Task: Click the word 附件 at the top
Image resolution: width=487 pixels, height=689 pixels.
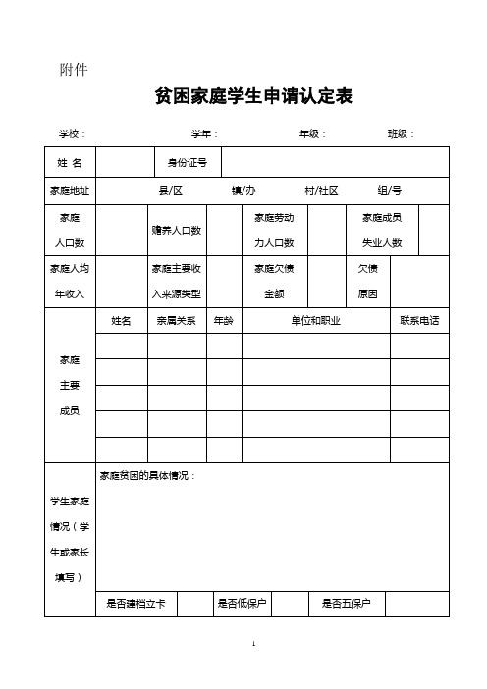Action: [75, 69]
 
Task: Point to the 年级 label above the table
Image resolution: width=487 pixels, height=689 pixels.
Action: [312, 134]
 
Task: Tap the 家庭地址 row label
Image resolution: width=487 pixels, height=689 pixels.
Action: [70, 190]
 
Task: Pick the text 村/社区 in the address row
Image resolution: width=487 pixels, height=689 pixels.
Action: [321, 190]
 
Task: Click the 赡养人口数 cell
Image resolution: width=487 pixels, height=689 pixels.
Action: [176, 230]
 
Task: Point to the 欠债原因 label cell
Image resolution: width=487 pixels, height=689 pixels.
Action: [369, 281]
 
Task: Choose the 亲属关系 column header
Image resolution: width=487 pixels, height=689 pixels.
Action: [176, 321]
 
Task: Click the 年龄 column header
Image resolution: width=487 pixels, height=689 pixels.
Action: [223, 321]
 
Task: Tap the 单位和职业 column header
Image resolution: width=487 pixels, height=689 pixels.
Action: [315, 321]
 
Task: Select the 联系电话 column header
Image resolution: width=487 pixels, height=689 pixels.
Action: [418, 321]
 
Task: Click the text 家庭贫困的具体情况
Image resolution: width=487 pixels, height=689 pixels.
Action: [147, 475]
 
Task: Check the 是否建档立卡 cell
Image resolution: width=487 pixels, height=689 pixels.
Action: [136, 603]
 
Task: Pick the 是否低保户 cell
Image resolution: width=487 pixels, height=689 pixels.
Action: [243, 603]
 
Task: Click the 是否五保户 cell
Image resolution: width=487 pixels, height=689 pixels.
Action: [347, 603]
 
